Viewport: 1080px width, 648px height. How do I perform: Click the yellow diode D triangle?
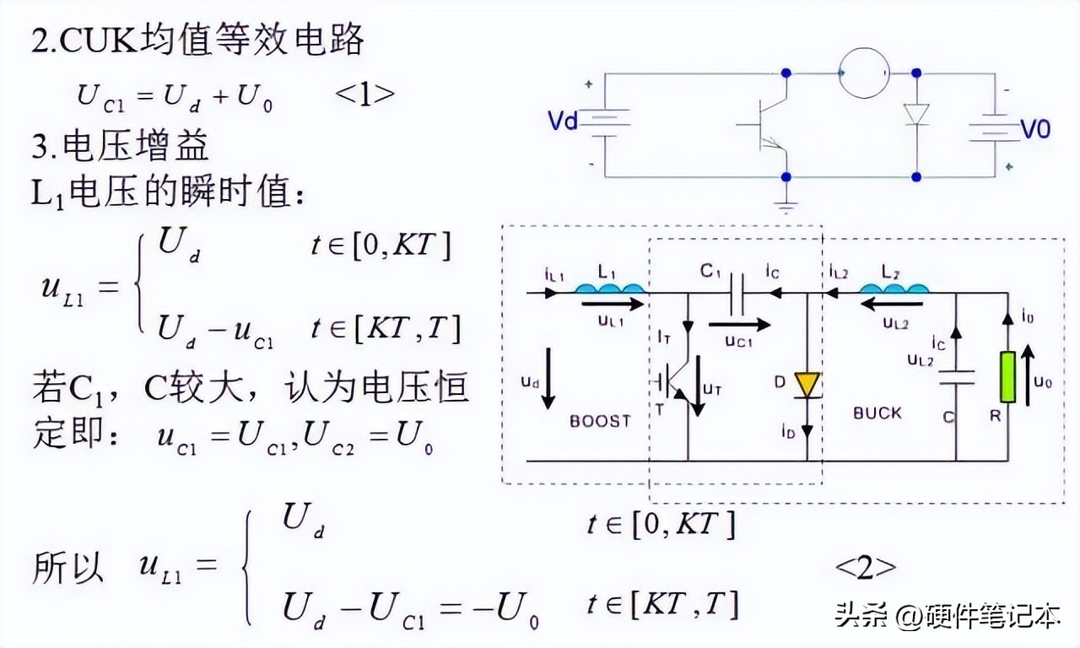807,386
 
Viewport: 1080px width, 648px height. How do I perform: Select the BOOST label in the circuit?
600,420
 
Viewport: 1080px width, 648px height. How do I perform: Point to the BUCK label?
877,413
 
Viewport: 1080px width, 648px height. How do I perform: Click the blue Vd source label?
563,122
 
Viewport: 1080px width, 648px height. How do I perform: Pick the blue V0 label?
1035,130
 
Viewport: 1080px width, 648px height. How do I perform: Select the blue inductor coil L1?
610,289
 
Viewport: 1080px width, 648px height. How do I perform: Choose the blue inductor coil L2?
895,289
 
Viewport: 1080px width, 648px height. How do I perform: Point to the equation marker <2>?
866,567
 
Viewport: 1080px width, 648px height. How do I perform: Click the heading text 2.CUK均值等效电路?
197,40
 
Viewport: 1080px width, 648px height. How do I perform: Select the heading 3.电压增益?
121,148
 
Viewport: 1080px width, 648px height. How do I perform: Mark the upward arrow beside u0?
1028,379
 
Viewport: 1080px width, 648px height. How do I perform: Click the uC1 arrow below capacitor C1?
739,324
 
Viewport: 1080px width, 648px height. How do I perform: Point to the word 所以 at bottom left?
67,568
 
